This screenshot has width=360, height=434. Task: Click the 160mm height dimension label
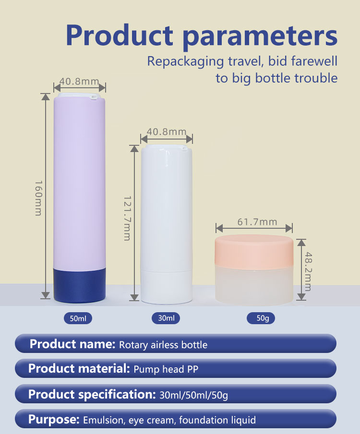coord(38,198)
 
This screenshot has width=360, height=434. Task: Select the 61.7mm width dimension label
coord(257,222)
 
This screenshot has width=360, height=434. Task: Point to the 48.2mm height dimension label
coord(309,271)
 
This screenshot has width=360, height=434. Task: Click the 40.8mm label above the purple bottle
coord(79,81)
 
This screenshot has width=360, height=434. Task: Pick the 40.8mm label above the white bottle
coord(167,132)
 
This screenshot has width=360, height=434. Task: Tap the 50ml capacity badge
coord(78,318)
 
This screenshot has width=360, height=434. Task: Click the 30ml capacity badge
coord(166,318)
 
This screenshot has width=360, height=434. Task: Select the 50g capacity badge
coord(261,318)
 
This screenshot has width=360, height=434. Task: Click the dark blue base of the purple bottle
coord(80,285)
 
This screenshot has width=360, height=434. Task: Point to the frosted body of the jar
coord(254,286)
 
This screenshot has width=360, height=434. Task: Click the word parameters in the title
coord(260,36)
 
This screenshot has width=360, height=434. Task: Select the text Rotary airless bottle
coord(163,345)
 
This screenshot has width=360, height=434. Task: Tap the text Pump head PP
coord(166,369)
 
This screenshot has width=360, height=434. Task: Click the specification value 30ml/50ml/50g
coord(194,395)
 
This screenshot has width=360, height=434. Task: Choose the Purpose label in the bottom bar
coord(54,419)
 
